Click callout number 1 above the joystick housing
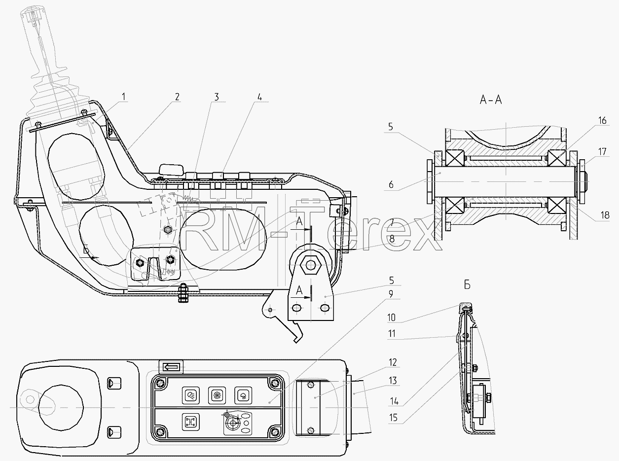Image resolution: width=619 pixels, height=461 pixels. (124, 97)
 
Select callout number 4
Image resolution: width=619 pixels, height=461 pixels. (259, 97)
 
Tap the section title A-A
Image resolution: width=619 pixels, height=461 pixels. (491, 100)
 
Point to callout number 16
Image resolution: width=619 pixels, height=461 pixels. (602, 120)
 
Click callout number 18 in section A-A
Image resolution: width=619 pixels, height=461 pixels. (605, 215)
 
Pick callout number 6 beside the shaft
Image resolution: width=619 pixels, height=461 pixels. (391, 184)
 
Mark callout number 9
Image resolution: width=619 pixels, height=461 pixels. (391, 294)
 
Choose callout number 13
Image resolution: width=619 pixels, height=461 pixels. (393, 380)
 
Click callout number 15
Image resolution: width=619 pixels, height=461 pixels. (393, 418)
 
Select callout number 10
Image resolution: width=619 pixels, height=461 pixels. (391, 318)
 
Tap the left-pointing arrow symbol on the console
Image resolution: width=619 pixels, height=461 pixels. (171, 367)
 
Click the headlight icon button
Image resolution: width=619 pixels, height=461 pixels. (191, 395)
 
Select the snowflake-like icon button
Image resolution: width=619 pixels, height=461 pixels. (217, 395)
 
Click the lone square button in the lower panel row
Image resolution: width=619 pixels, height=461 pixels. (191, 422)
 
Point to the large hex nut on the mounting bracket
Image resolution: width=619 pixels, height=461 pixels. (310, 265)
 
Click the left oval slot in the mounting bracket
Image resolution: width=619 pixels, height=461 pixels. (296, 308)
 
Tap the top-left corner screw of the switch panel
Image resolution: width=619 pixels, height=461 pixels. (160, 383)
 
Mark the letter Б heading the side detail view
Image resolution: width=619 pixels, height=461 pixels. (467, 285)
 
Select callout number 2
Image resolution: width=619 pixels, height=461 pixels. (177, 97)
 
